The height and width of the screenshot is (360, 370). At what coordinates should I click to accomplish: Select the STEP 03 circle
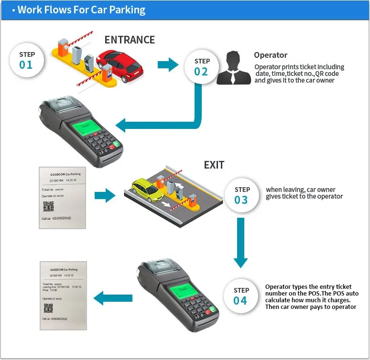241,195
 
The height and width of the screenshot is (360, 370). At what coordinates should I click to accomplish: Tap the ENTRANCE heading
130,40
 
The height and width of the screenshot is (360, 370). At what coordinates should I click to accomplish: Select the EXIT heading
214,165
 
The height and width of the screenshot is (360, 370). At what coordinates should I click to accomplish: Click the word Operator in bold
271,55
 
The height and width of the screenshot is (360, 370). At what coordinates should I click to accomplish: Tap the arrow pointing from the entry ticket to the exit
105,195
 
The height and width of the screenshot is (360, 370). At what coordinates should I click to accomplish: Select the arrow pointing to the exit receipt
106,299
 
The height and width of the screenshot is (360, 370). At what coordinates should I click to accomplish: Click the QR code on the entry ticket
49,206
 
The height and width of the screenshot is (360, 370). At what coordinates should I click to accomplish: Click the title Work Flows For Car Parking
81,10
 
